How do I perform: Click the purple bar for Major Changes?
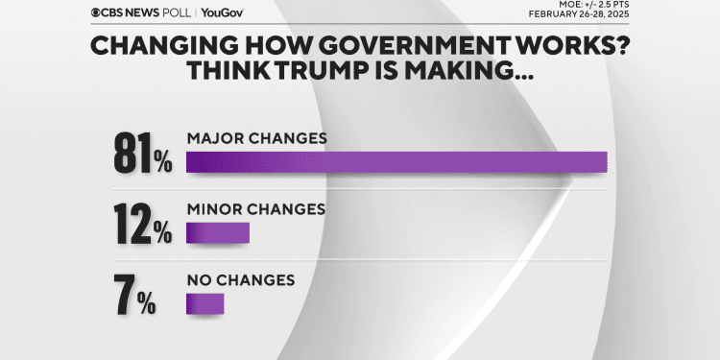396,162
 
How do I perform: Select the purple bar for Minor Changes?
218,233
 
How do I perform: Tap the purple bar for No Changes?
204,304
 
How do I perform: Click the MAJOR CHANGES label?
256,137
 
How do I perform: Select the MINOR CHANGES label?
256,208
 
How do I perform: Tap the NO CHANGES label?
240,279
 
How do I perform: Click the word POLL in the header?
179,13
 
